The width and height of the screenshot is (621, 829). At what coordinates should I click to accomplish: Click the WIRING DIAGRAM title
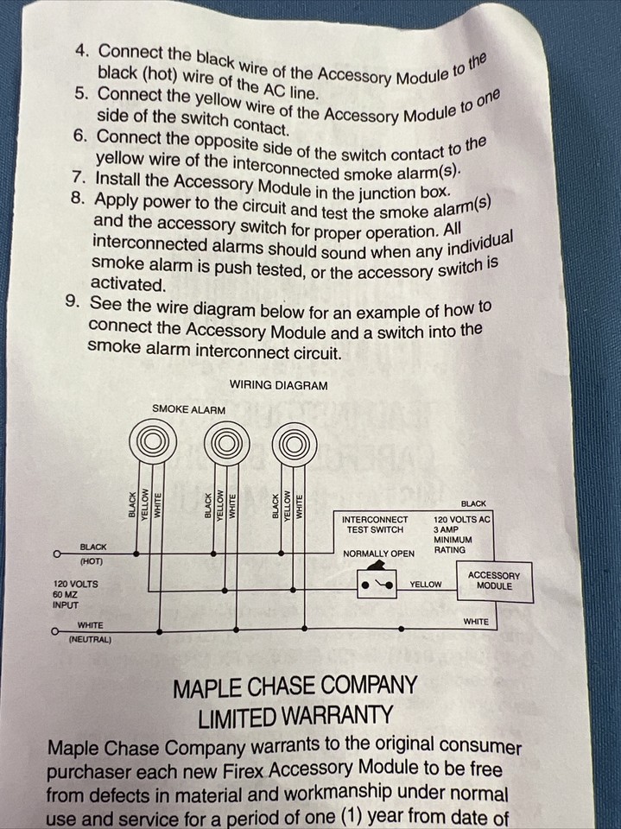(x=278, y=385)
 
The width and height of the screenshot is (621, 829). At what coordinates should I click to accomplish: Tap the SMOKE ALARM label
(x=188, y=409)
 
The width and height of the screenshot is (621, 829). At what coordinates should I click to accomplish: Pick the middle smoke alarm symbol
(x=226, y=444)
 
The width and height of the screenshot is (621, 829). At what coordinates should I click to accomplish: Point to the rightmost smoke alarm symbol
(x=295, y=446)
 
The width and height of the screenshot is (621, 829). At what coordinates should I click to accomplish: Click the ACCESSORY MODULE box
(x=495, y=581)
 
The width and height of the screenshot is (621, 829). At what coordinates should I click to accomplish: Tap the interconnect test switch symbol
(x=377, y=583)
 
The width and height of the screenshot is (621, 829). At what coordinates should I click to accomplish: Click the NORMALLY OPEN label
(x=379, y=554)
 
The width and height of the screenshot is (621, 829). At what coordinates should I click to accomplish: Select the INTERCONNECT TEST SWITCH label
(x=375, y=524)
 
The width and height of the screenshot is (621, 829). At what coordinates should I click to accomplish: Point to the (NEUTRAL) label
(x=91, y=640)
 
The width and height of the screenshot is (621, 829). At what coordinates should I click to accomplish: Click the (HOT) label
(x=92, y=561)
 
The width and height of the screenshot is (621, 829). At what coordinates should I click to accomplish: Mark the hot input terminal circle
(x=55, y=554)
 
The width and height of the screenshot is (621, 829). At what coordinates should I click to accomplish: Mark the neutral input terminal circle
(x=54, y=631)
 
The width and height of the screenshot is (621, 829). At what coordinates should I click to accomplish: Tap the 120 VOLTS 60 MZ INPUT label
(x=75, y=595)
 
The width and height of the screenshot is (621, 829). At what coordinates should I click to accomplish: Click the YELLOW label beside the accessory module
(x=426, y=585)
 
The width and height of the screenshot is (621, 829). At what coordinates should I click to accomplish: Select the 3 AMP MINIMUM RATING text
(x=453, y=540)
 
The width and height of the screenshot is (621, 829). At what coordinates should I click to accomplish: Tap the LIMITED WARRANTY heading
(x=295, y=717)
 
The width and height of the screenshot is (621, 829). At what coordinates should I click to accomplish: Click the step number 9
(x=73, y=301)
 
